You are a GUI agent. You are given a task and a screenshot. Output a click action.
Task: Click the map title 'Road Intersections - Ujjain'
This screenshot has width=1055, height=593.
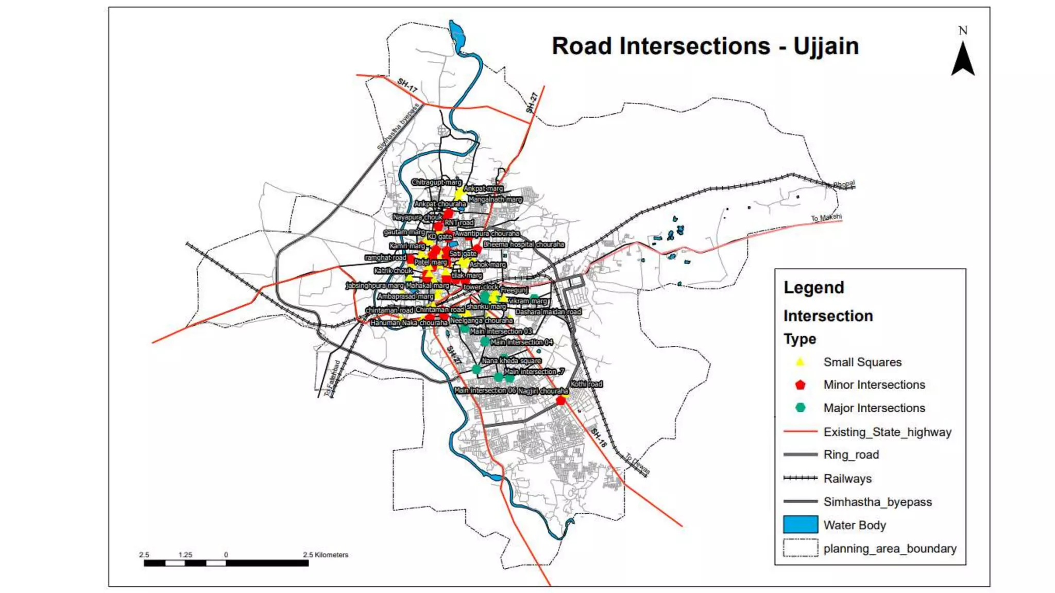tap(705, 46)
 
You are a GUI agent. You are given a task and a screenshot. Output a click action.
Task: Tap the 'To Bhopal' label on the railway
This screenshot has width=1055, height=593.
tap(841, 184)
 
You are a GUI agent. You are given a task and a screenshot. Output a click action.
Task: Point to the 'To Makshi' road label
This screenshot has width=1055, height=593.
tap(826, 218)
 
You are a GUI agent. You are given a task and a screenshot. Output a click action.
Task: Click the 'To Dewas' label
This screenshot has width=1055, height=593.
tap(638, 463)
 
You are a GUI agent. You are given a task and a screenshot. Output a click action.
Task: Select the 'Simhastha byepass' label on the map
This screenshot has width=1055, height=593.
tap(398, 128)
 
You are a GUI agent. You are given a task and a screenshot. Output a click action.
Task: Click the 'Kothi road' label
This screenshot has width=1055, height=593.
tap(586, 384)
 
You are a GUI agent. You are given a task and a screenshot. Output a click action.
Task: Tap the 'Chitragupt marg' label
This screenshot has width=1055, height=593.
tap(436, 182)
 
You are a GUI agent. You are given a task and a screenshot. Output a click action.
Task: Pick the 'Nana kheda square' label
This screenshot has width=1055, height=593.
tap(511, 361)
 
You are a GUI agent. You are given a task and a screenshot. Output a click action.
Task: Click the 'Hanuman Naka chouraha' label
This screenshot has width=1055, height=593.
tap(409, 323)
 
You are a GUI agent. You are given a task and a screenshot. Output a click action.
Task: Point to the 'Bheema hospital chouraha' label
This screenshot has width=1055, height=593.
tap(523, 245)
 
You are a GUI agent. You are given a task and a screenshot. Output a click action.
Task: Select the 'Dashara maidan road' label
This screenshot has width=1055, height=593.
tap(548, 312)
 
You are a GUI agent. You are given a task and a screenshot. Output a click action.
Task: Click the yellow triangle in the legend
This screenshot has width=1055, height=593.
tap(800, 362)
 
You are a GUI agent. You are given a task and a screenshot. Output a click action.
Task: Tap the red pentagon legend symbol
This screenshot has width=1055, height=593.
tap(800, 385)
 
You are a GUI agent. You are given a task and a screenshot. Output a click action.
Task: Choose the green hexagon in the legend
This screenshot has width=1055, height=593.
tap(800, 408)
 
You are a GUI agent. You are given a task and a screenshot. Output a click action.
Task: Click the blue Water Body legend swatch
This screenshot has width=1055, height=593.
tap(800, 525)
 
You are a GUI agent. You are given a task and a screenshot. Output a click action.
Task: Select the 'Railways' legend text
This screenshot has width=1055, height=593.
tap(847, 479)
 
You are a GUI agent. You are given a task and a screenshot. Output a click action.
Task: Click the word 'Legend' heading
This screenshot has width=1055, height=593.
tap(814, 288)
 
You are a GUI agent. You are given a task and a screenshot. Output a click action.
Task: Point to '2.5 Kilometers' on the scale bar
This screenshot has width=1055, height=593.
tap(326, 555)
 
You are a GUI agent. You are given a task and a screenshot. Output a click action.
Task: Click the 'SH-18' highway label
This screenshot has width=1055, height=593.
tap(599, 438)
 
